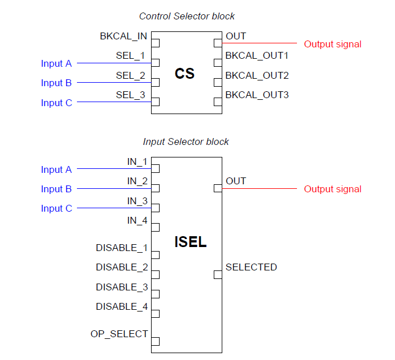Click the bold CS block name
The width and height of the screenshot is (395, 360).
(x=185, y=74)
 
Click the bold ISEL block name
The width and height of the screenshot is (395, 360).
(x=190, y=242)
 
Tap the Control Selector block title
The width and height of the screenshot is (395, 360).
(x=187, y=17)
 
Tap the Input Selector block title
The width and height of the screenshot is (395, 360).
(x=186, y=141)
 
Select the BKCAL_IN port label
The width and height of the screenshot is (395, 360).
(x=124, y=36)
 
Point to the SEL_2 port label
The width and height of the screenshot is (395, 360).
(x=131, y=75)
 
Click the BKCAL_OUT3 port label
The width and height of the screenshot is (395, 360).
(x=257, y=95)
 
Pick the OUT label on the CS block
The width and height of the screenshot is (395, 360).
(x=236, y=36)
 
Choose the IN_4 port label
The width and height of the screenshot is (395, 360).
(x=137, y=220)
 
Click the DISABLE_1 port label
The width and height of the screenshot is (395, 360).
(x=122, y=248)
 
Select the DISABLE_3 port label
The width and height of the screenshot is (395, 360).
(x=122, y=287)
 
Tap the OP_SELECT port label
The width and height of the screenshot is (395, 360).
(x=119, y=334)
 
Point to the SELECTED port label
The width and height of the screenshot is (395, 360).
(x=251, y=267)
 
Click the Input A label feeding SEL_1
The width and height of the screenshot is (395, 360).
(x=56, y=63)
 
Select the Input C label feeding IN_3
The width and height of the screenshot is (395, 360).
(x=56, y=208)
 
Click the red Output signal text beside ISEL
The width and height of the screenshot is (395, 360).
(x=332, y=189)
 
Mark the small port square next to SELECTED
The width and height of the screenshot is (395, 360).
(x=218, y=275)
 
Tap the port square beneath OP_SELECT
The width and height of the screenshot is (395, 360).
(x=155, y=342)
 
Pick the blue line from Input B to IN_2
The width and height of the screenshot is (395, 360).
(x=114, y=188)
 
